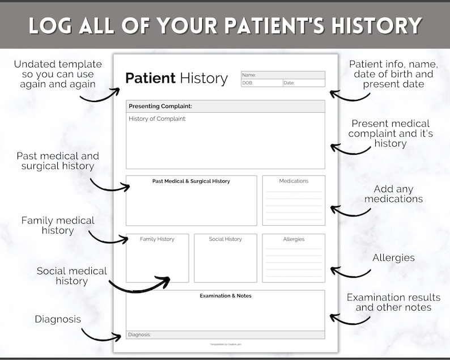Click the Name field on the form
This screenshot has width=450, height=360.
coord(283,75)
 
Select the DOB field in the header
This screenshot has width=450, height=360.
coord(262,83)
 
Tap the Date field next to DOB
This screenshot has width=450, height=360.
coord(304,83)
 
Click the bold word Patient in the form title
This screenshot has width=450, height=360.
coord(150,78)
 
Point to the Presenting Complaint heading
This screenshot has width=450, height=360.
coord(160,106)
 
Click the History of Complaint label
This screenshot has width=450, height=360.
coord(158,118)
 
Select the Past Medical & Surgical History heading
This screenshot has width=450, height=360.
coord(191,181)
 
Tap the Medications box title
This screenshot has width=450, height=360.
coord(294,181)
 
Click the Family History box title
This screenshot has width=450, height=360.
coord(157,239)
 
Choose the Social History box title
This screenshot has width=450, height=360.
coord(225,239)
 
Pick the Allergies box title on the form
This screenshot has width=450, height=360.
coord(294,239)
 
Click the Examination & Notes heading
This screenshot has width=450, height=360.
coord(225,296)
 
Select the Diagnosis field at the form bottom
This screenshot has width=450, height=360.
coord(225,334)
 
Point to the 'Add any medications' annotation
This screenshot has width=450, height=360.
coord(393,194)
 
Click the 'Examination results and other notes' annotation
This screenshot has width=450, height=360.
coord(393,302)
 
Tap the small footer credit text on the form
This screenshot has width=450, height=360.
coord(225,344)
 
